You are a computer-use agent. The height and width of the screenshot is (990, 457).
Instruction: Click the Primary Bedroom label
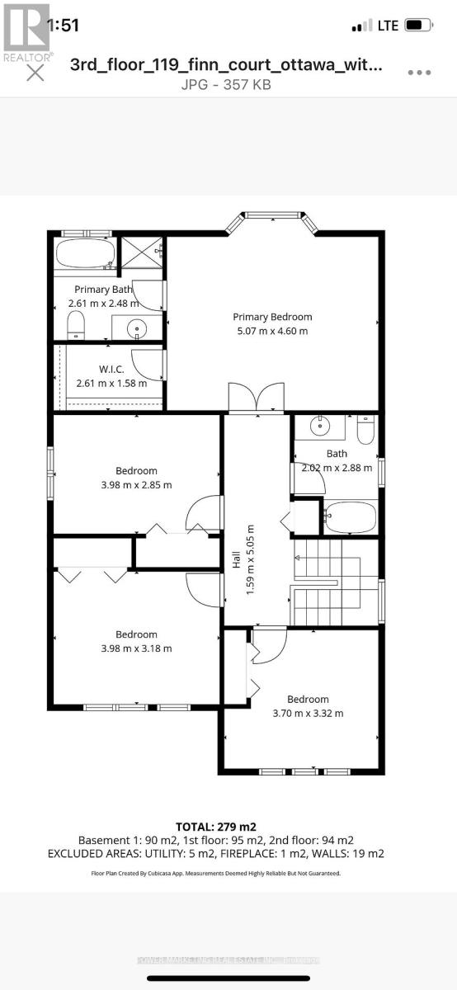pos(272,317)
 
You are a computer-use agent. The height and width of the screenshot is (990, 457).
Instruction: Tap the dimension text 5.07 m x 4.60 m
pos(272,331)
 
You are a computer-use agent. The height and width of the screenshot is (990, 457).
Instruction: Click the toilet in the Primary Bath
pos(75,326)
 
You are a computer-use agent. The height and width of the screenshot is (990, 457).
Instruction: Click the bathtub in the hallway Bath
pos(351,518)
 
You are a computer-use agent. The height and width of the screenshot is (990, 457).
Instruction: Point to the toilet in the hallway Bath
pos(365,430)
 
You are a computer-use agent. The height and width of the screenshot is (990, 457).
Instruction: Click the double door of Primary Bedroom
pos(257,398)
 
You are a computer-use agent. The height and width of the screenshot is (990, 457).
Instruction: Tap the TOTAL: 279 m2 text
pos(227,827)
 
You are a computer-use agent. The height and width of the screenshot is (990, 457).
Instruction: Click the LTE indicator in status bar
pos(388,26)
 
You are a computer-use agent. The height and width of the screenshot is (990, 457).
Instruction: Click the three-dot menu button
pos(419,72)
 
